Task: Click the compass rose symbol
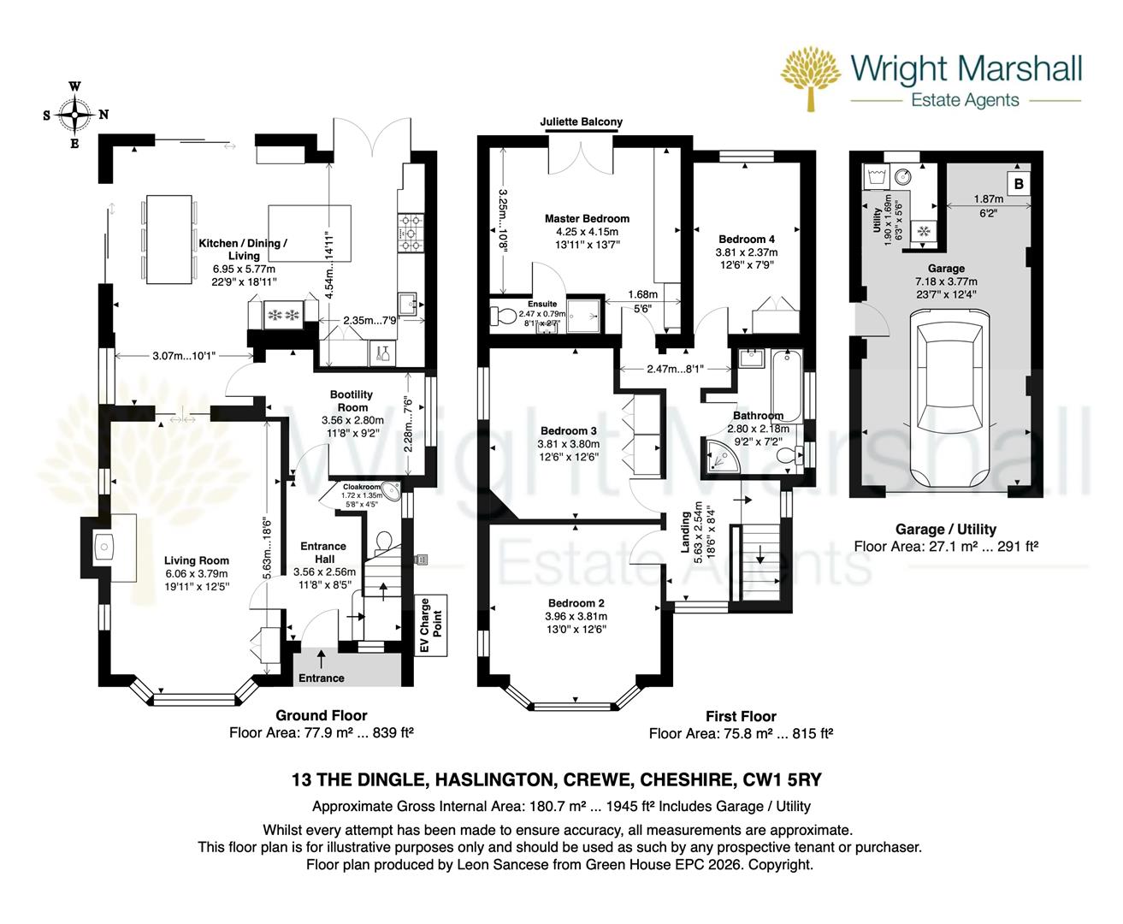click(x=75, y=115)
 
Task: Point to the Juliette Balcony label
click(x=581, y=122)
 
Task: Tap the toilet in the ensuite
click(x=504, y=317)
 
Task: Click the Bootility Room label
click(x=352, y=400)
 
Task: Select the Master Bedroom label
click(x=587, y=219)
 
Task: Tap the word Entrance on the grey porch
click(x=322, y=678)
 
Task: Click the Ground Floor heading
click(x=321, y=715)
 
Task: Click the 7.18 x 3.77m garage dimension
click(x=948, y=281)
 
